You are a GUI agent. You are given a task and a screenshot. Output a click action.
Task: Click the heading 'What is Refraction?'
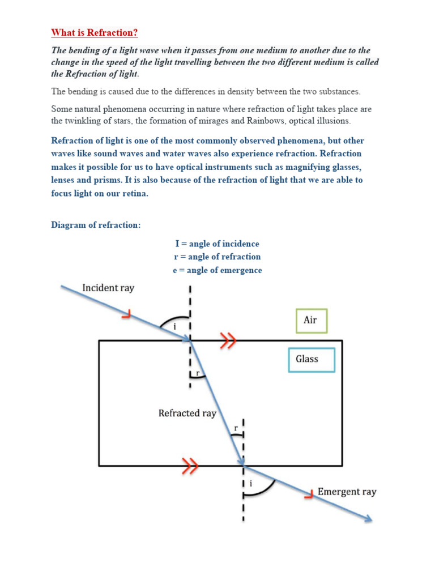[x=95, y=32]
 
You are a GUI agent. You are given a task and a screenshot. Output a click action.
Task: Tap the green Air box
[x=311, y=321]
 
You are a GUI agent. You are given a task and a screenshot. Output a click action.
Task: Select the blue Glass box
[x=311, y=359]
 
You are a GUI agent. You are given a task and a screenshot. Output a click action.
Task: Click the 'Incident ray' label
[x=108, y=288]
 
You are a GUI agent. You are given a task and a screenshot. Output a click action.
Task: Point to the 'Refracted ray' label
[x=187, y=413]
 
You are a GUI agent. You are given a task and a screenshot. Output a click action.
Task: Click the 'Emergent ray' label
[x=347, y=492]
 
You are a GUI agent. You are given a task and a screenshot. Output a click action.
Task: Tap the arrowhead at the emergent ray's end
[x=368, y=519]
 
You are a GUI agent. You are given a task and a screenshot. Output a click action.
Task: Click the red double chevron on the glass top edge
[x=228, y=340]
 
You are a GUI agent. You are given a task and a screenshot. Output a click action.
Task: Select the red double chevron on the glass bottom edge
[x=191, y=467]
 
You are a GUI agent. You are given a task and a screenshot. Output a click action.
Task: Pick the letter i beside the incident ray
[x=175, y=326]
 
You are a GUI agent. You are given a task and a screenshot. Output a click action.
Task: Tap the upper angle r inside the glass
[x=197, y=373]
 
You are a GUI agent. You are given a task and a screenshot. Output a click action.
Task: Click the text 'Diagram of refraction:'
[x=96, y=225]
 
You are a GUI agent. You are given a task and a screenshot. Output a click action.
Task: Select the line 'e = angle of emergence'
[x=217, y=270]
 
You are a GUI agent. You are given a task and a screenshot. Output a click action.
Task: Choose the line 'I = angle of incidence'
[x=217, y=244]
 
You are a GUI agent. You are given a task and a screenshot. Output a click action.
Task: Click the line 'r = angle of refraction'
[x=217, y=257]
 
